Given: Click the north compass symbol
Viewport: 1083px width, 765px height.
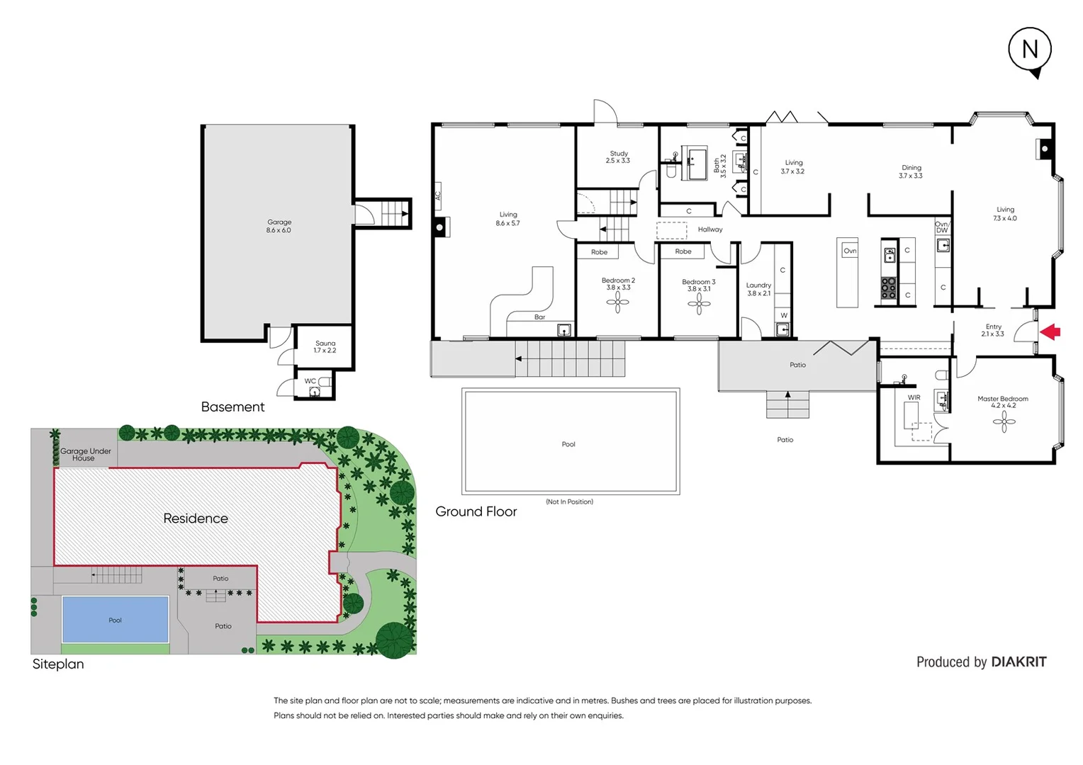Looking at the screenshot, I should (x=1030, y=50).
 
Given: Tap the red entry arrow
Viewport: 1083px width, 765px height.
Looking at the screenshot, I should (x=1050, y=331).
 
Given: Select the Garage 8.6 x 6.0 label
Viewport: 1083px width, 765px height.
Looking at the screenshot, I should (x=279, y=226).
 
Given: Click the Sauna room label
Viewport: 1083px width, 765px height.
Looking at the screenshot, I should (x=325, y=346).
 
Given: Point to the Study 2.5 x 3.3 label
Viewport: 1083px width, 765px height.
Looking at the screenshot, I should (x=618, y=157).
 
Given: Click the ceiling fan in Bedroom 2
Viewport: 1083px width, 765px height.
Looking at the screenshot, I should (x=617, y=302).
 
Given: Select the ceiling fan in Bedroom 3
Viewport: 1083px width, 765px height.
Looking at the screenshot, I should (x=699, y=304).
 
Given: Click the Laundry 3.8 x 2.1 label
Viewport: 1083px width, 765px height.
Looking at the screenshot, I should (x=758, y=289).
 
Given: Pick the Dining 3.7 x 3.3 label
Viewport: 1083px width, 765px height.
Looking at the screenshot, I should (x=911, y=171).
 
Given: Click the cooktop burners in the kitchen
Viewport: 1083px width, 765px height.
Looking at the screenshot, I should (x=888, y=288).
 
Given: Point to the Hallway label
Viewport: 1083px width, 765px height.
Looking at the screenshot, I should (x=709, y=229).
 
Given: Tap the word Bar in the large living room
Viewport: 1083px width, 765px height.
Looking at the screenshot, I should (x=539, y=317).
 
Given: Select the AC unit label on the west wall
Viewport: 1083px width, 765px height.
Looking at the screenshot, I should (x=438, y=194).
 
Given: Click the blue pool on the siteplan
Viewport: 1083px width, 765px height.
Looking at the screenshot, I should (x=116, y=620).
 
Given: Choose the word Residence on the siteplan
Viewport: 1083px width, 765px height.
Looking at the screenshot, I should (x=196, y=518).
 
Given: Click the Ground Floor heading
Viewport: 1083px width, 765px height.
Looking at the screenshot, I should (x=476, y=511).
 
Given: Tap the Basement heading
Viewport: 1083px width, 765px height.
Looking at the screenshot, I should (x=232, y=407).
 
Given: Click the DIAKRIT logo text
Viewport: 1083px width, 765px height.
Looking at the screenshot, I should (x=1019, y=662).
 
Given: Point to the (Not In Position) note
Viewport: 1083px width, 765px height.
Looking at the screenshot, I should (x=569, y=501).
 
